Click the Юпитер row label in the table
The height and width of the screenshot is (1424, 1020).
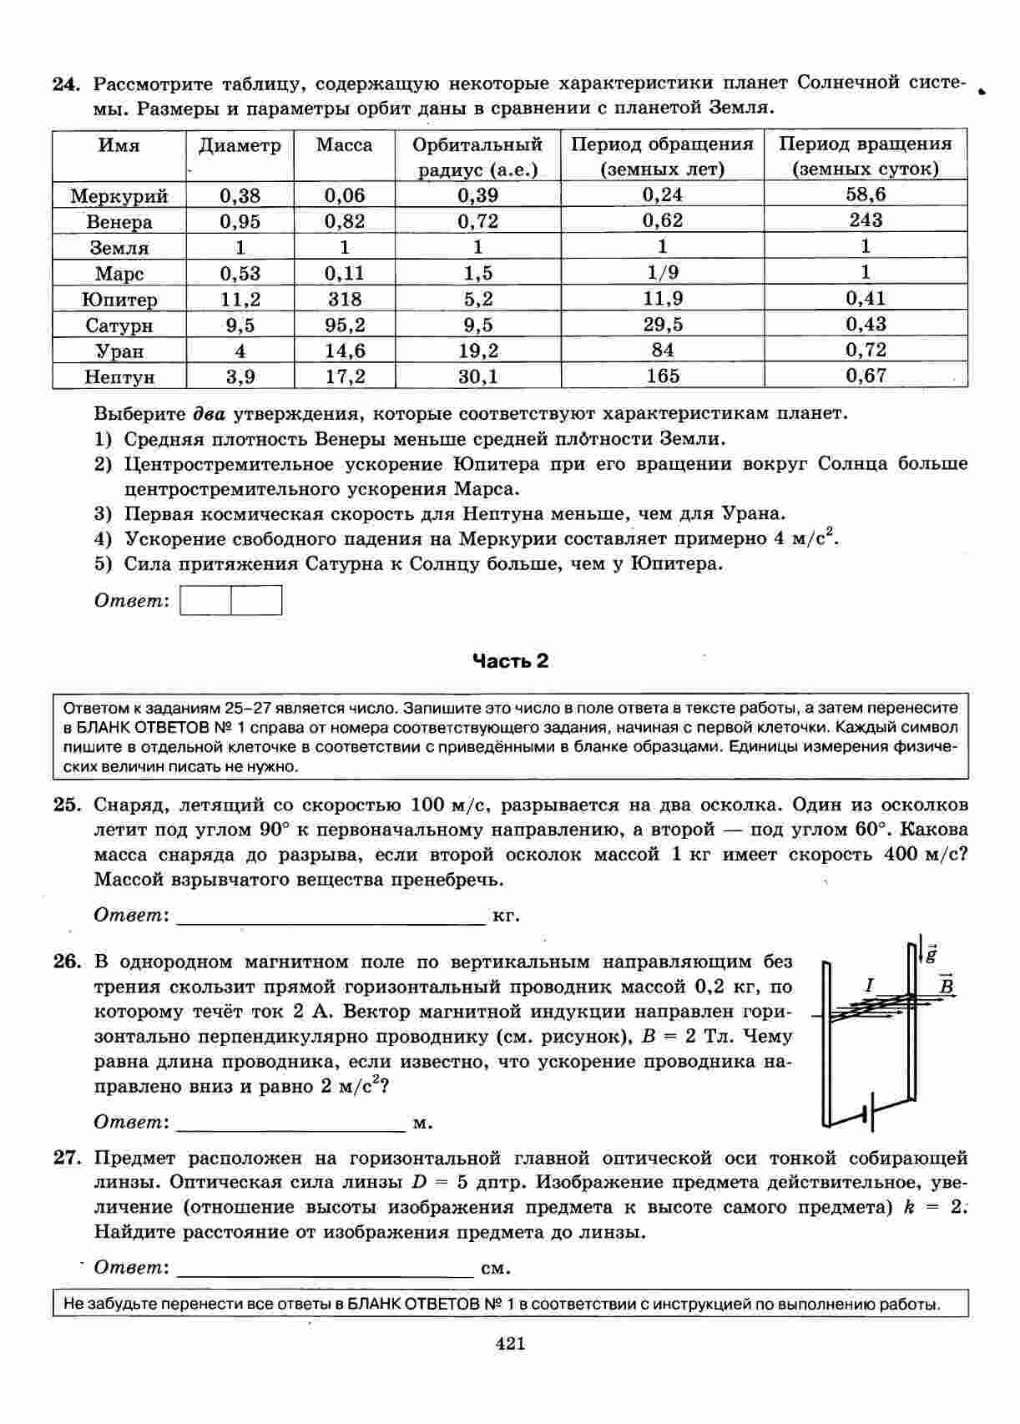click(x=119, y=300)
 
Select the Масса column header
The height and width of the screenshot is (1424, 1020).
click(x=344, y=145)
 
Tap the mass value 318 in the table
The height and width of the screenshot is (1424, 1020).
click(x=344, y=300)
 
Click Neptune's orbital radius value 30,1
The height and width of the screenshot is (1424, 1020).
click(x=477, y=376)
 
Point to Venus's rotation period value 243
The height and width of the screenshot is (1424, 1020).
click(x=865, y=221)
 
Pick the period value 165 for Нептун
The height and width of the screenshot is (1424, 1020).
click(x=662, y=376)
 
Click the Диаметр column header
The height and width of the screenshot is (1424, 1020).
click(x=240, y=146)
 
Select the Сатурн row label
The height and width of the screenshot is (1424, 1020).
click(x=119, y=326)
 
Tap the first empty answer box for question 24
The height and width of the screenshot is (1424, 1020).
click(x=206, y=601)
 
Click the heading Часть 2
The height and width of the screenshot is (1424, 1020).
click(x=510, y=661)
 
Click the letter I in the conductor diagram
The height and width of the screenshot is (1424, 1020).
click(x=869, y=986)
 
